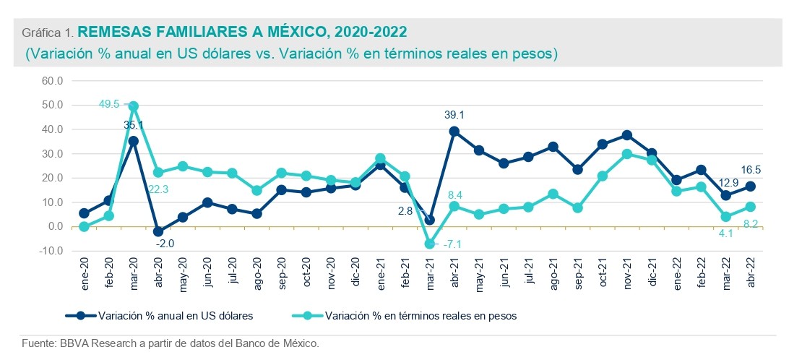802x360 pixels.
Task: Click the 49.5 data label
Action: coord(109,105)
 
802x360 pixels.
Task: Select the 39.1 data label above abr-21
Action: coord(454,115)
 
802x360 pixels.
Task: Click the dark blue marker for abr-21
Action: coord(454,132)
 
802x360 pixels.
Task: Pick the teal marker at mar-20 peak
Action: coord(134,106)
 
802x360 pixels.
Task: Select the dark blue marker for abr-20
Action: coord(158,231)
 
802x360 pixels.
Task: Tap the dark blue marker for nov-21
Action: coord(626,135)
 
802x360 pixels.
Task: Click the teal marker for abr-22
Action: coord(750,207)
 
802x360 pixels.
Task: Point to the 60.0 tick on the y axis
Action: coord(52,81)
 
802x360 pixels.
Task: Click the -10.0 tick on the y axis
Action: coord(52,251)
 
